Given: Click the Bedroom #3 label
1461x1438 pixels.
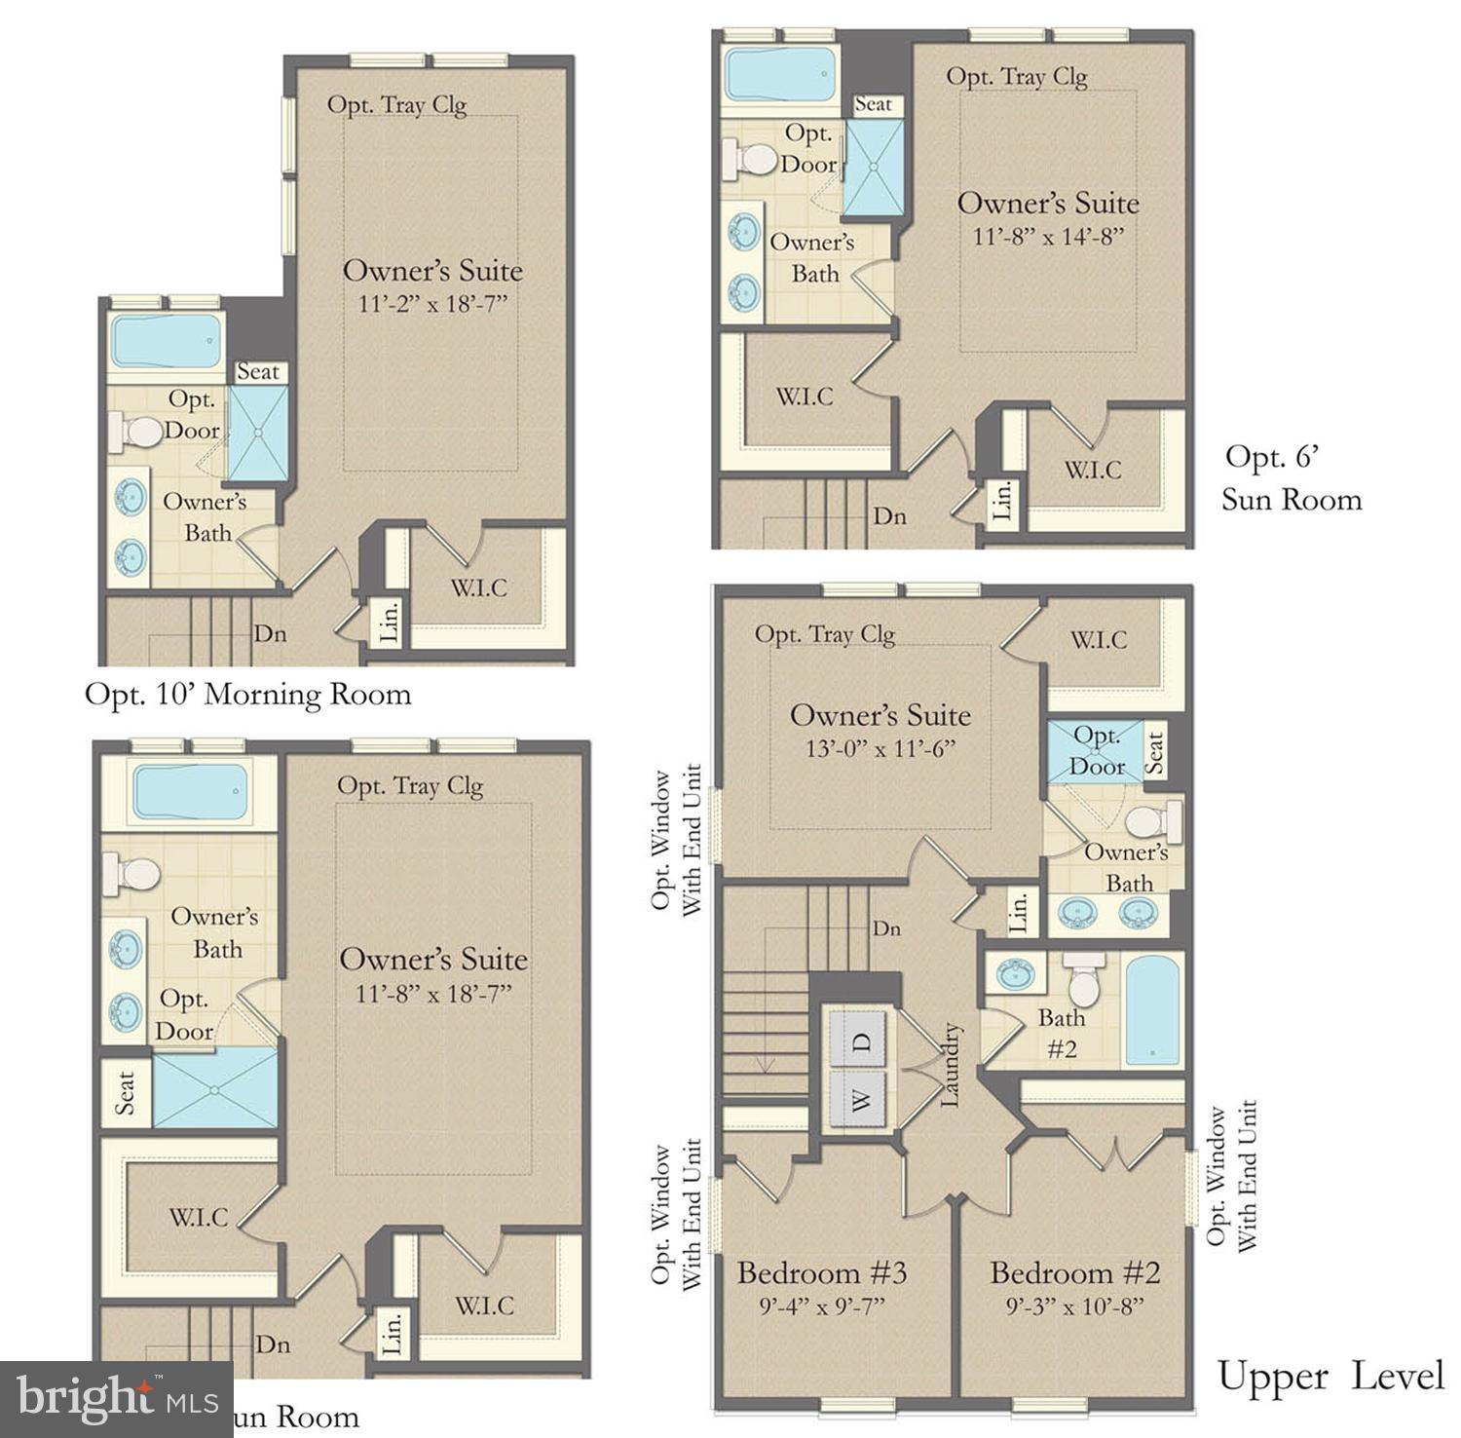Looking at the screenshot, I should pyautogui.click(x=821, y=1272).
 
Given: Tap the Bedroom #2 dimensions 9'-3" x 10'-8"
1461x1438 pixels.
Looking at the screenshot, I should pyautogui.click(x=1074, y=1306).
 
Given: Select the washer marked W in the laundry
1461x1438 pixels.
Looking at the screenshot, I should pyautogui.click(x=858, y=1100).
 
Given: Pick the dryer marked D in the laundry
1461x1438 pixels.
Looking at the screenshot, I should pyautogui.click(x=858, y=1041).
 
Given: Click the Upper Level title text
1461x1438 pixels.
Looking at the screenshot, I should pyautogui.click(x=1330, y=1377).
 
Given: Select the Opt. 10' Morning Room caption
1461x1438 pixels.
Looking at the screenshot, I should pyautogui.click(x=247, y=695).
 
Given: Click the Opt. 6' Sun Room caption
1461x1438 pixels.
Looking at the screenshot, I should pyautogui.click(x=1291, y=477).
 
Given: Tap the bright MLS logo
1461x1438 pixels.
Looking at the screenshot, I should pyautogui.click(x=116, y=1399).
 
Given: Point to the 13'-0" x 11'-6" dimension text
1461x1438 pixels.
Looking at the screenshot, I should pyautogui.click(x=880, y=748).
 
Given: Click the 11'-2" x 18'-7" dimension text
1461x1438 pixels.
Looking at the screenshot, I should pyautogui.click(x=432, y=304).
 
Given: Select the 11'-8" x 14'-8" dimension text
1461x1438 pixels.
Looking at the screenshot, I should pyautogui.click(x=1048, y=236).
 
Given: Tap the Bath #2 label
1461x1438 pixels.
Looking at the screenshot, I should pyautogui.click(x=1061, y=1034).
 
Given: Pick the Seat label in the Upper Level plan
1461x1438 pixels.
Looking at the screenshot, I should pyautogui.click(x=1153, y=752).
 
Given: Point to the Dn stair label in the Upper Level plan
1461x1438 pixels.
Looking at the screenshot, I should pyautogui.click(x=886, y=928).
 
